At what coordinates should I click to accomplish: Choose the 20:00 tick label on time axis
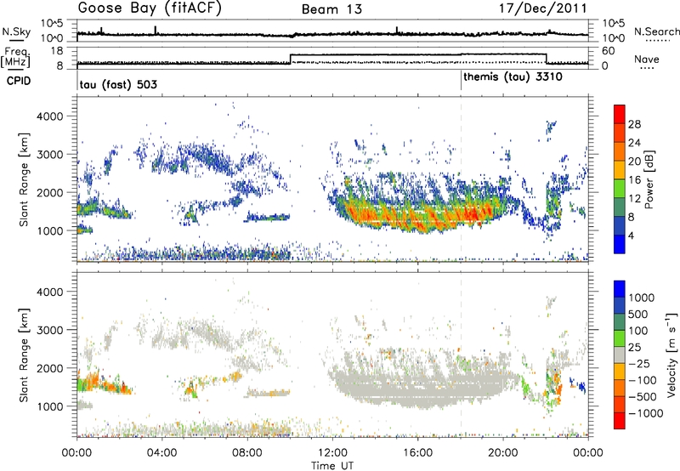(x=501, y=451)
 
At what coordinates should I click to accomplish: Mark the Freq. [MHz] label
(x=16, y=57)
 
